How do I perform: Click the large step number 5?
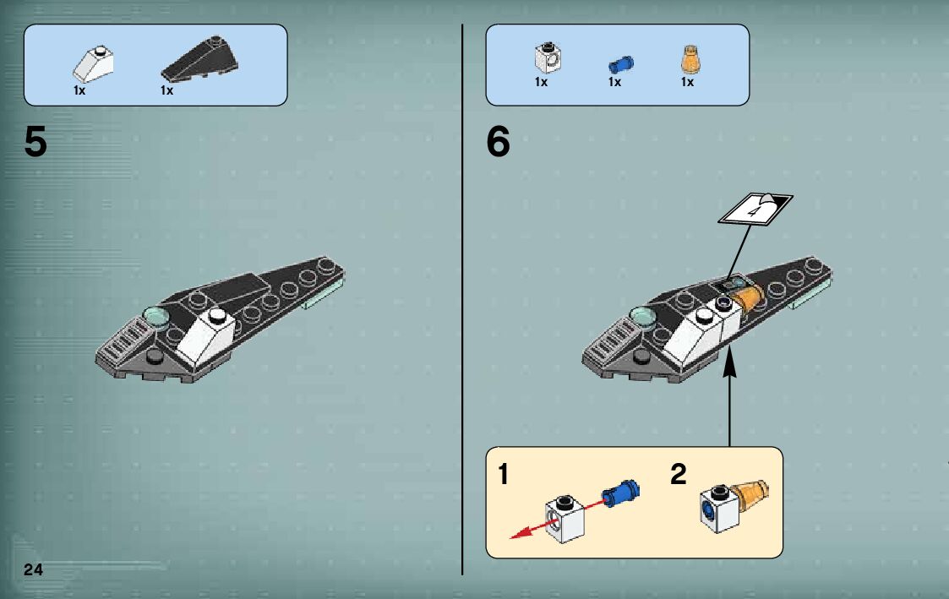(x=35, y=142)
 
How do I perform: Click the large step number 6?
(x=498, y=142)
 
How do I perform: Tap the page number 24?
(x=33, y=569)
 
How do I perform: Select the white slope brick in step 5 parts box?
(x=93, y=65)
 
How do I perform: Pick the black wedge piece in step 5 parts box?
(x=199, y=58)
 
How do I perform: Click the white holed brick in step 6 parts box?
(x=548, y=57)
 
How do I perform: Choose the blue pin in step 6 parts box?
(x=621, y=64)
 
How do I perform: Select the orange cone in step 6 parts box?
(x=690, y=59)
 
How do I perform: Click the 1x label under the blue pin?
(x=615, y=82)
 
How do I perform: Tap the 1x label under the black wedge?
(x=167, y=90)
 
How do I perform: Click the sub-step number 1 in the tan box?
(x=503, y=474)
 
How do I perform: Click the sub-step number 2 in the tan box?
(x=679, y=474)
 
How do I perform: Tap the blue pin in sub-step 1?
(x=621, y=493)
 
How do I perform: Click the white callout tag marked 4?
(x=755, y=210)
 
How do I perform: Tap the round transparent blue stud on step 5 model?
(x=156, y=317)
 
